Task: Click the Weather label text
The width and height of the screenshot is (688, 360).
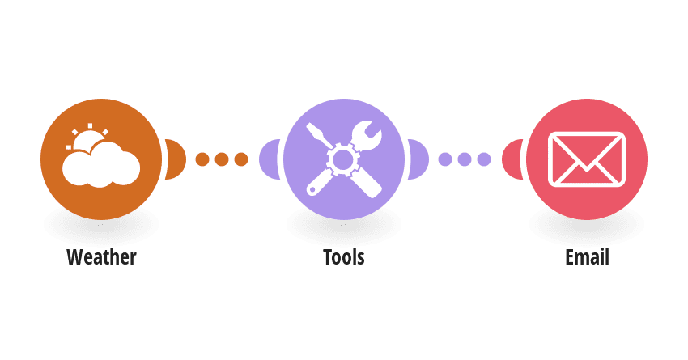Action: click(x=101, y=257)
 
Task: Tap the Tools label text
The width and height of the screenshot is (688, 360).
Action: click(x=343, y=257)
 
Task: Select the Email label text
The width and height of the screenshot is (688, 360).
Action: click(x=587, y=257)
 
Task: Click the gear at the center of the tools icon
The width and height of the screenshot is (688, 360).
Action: click(x=343, y=159)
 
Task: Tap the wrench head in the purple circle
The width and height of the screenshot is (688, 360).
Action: click(x=367, y=135)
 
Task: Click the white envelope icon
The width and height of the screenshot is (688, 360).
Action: click(x=587, y=159)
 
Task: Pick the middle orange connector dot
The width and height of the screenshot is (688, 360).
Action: click(x=222, y=159)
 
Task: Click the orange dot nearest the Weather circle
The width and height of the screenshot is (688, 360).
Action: click(x=202, y=159)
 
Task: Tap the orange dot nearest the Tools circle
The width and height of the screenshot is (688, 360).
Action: click(x=241, y=159)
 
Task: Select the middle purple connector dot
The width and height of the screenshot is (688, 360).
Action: click(x=465, y=159)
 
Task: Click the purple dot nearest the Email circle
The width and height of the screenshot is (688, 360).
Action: click(x=484, y=159)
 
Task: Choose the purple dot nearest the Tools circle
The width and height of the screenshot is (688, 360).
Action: click(x=445, y=159)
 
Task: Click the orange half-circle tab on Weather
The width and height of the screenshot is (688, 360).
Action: click(x=176, y=159)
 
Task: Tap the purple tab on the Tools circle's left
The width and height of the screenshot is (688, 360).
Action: click(x=269, y=159)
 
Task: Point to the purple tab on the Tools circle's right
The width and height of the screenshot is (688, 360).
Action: click(x=419, y=159)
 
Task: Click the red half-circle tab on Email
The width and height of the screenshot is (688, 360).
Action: click(x=512, y=159)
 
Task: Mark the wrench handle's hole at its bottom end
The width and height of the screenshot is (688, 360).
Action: click(x=312, y=190)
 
